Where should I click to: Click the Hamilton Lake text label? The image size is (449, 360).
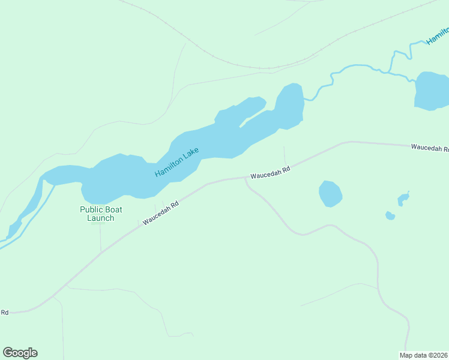(x=176, y=162)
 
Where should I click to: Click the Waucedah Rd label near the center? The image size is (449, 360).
(x=270, y=172)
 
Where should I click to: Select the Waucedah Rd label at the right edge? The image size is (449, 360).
(x=429, y=148)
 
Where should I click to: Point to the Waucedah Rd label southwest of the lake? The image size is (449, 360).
(x=161, y=214)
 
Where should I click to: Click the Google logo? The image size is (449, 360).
(x=20, y=353)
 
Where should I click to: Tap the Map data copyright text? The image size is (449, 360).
(x=424, y=355)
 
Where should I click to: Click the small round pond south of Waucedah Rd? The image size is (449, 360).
(x=330, y=194)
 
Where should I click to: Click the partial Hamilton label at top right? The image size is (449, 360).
(x=436, y=34)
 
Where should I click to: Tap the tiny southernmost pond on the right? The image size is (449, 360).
(x=390, y=216)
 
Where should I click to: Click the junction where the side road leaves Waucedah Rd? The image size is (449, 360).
(x=245, y=179)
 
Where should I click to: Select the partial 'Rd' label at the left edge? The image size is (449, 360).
(x=4, y=312)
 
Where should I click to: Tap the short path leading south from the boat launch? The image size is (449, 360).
(x=100, y=237)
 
